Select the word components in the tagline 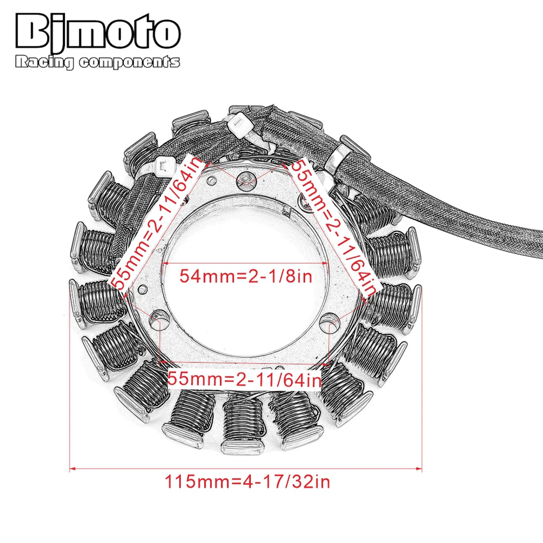click(x=129, y=62)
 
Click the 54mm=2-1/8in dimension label click(x=246, y=276)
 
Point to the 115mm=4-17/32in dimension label click(x=247, y=482)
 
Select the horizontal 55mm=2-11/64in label click(x=244, y=379)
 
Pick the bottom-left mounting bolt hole click(x=159, y=319)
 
